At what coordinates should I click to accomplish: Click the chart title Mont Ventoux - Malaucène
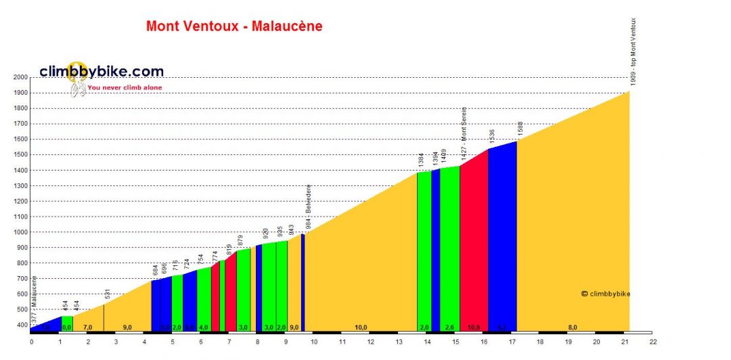tap(234, 27)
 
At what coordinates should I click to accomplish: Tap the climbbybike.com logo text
tap(102, 71)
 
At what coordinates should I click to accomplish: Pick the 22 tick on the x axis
tap(652, 342)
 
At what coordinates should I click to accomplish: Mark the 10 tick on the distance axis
tap(313, 342)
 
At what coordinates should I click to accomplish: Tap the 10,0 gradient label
tap(361, 328)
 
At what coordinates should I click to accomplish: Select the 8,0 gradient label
tap(573, 328)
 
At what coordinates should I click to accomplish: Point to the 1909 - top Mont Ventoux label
tap(634, 51)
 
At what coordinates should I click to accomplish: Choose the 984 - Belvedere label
tap(308, 207)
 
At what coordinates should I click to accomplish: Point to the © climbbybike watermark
tap(606, 294)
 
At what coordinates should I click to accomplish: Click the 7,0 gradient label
tap(88, 328)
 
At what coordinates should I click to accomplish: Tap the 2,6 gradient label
tap(449, 328)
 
